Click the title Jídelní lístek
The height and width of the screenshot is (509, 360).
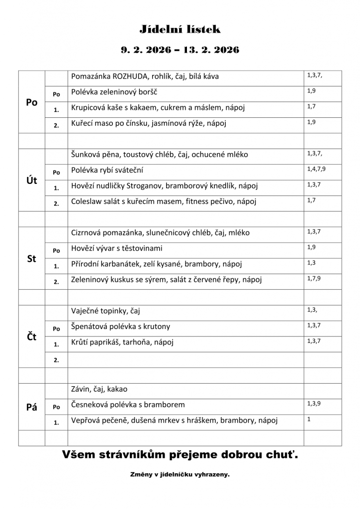tap(180, 30)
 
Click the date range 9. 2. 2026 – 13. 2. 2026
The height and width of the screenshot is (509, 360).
tap(180, 50)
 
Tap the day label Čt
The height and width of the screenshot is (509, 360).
tap(31, 337)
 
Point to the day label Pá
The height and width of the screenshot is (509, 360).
tap(31, 407)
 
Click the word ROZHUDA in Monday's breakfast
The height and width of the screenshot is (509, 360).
tap(131, 77)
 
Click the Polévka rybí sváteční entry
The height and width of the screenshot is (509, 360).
tap(107, 170)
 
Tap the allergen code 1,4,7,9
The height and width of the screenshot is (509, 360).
tap(317, 169)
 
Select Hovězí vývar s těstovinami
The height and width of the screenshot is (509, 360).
tap(117, 248)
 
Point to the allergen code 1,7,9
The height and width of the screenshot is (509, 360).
tap(314, 278)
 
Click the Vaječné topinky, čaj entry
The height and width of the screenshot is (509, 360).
tap(105, 311)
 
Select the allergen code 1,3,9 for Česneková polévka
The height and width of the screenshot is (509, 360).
tap(314, 404)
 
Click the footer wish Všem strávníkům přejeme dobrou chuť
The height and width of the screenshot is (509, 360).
tap(180, 454)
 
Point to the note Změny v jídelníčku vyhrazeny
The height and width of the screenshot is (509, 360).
tap(180, 475)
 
